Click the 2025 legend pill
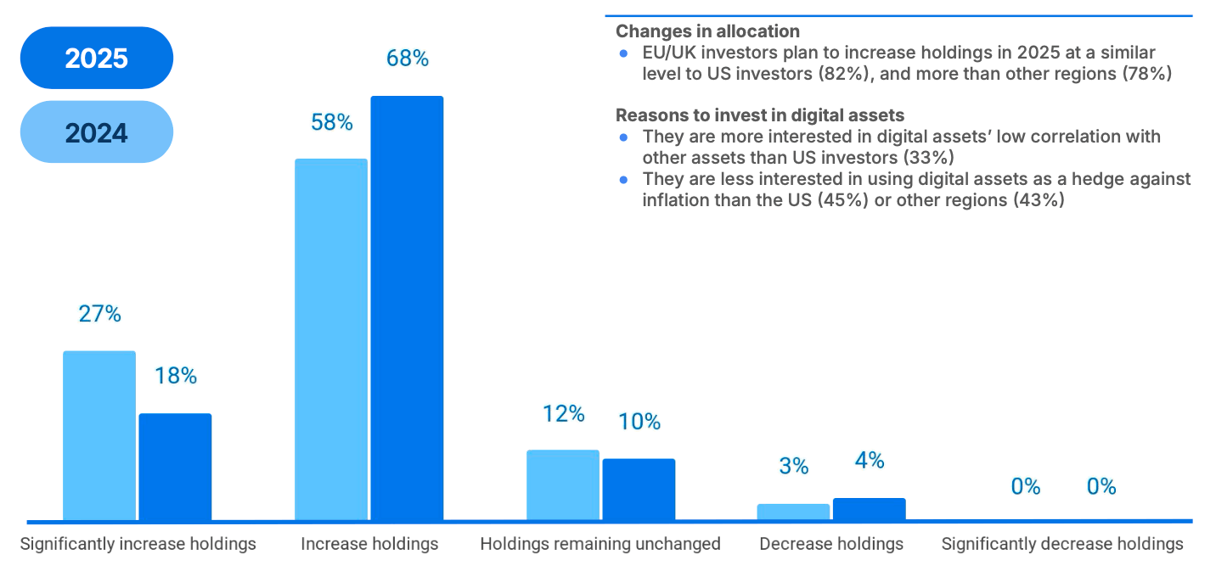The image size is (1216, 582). click(x=96, y=58)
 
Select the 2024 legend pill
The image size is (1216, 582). click(x=96, y=132)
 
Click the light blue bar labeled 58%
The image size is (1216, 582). click(x=331, y=339)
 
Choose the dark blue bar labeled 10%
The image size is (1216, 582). click(x=639, y=490)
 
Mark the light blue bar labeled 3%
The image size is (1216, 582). click(x=793, y=512)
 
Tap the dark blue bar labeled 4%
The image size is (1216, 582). click(x=869, y=509)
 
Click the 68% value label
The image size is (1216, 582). click(x=408, y=59)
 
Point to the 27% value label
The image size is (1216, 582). click(x=100, y=314)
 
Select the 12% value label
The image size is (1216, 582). click(x=564, y=414)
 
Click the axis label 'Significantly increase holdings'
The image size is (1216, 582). click(x=138, y=544)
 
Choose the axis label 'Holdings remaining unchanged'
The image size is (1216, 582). click(x=600, y=544)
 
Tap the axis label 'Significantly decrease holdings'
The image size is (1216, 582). click(x=1062, y=544)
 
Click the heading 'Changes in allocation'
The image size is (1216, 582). click(x=707, y=31)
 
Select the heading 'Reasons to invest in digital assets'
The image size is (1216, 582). click(x=760, y=115)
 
